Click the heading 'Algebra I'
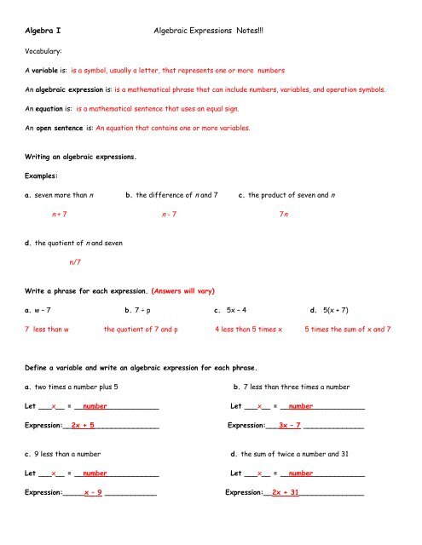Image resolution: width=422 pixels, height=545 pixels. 42,30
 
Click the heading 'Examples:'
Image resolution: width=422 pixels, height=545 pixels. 44,175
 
